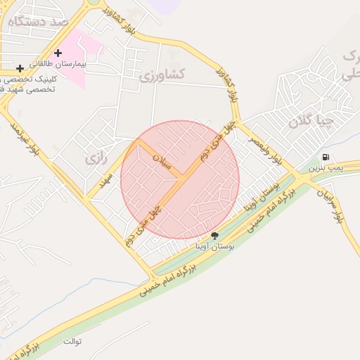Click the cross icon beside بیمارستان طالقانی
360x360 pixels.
(x=58, y=53)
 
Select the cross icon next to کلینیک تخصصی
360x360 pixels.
(x=20, y=68)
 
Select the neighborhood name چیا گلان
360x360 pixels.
(x=309, y=121)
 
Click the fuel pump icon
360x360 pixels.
(x=325, y=157)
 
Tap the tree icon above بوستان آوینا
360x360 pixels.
(x=214, y=236)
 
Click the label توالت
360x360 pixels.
(x=72, y=342)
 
